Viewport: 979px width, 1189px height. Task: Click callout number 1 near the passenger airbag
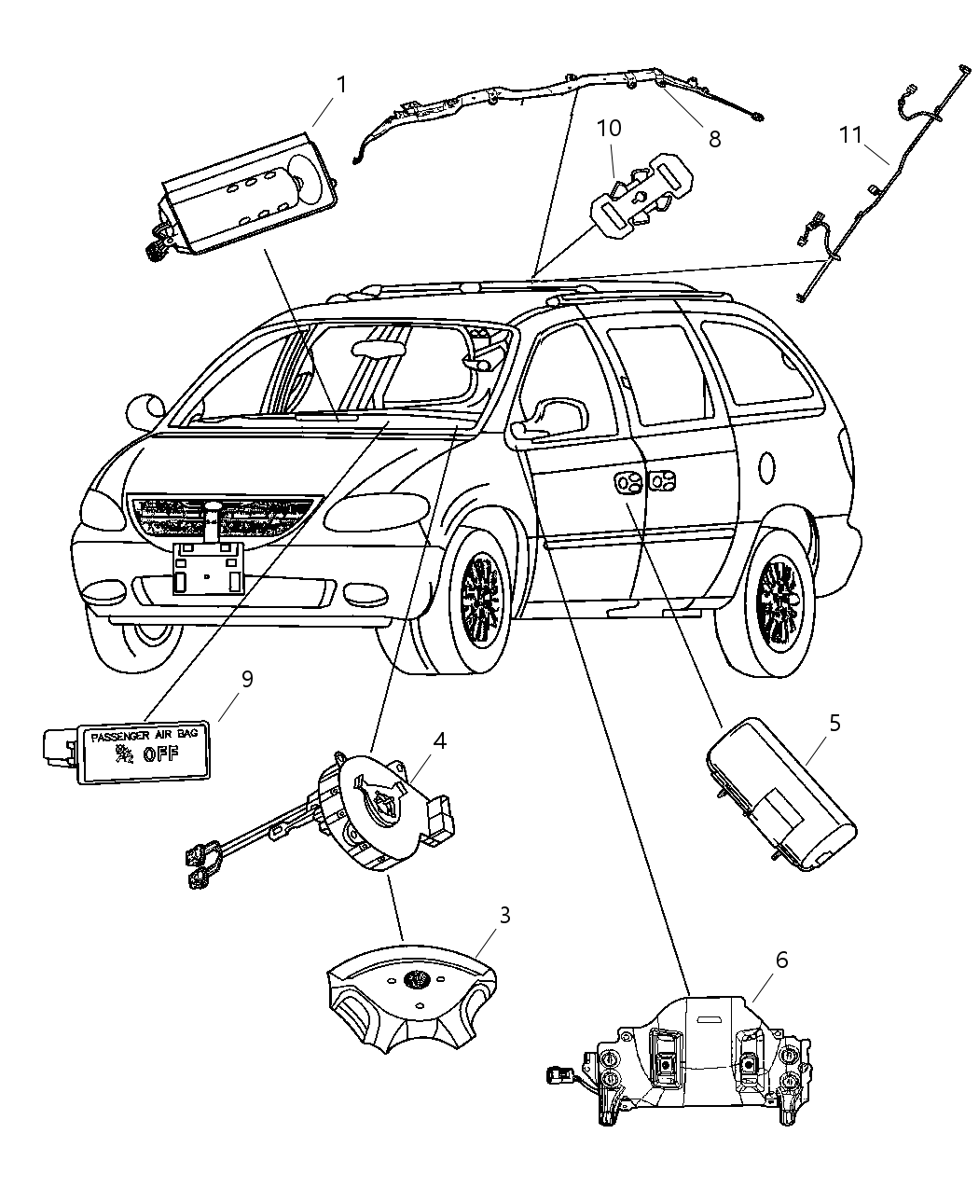pos(341,85)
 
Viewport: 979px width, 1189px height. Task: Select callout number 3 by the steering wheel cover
pos(504,915)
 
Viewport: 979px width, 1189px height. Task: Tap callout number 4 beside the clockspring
pos(438,740)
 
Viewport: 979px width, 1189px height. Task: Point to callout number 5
pos(834,723)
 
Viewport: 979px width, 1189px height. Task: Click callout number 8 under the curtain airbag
pos(714,140)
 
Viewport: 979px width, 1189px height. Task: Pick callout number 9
pos(247,679)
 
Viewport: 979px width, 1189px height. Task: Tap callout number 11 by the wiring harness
pos(849,135)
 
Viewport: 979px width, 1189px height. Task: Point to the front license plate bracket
pos(207,568)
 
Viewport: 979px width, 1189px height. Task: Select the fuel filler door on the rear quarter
pos(766,465)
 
